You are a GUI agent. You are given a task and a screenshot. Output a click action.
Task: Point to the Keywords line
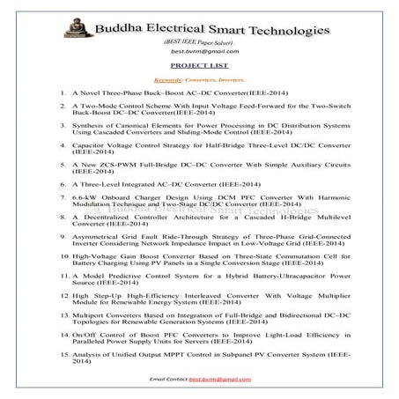(x=197, y=78)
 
